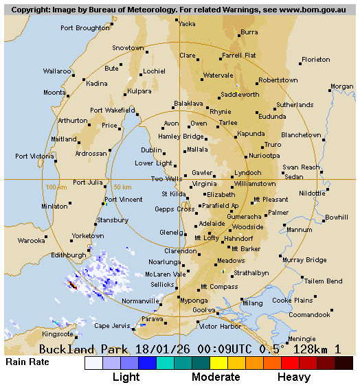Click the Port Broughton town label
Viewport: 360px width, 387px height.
pos(85,28)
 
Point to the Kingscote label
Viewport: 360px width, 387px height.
pos(58,334)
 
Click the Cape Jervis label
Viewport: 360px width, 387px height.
pos(111,325)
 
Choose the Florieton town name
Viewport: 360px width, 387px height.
pos(316,60)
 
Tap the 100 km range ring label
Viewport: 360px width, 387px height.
pos(56,187)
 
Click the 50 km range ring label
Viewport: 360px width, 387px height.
pos(122,187)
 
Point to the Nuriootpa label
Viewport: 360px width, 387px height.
pos(265,156)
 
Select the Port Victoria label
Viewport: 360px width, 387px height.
pos(34,156)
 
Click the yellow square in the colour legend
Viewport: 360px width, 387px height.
pos(218,363)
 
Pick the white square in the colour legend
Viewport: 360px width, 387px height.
pos(93,363)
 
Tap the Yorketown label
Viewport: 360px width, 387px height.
pos(88,235)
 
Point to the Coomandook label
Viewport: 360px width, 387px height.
pos(309,315)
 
